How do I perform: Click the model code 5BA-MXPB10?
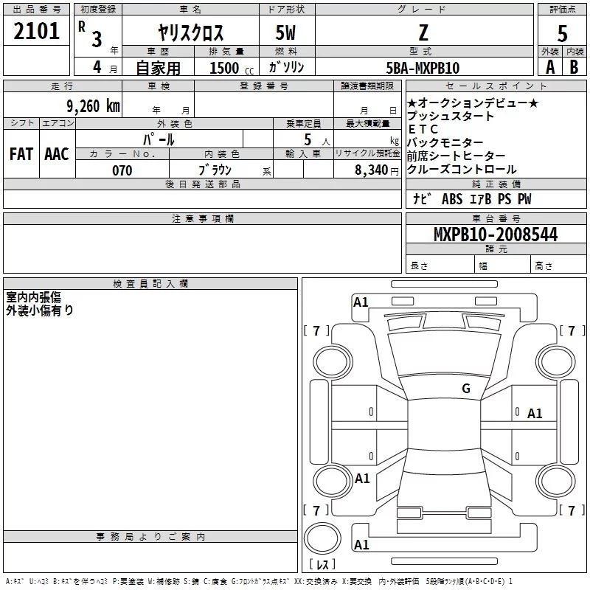pos(423,68)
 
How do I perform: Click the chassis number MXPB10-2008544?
pos(496,235)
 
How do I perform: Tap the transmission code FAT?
pos(21,154)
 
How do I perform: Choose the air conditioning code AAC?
pos(57,154)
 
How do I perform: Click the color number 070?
pos(122,170)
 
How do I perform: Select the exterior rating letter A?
pos(549,67)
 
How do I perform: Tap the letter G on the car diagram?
pos(466,389)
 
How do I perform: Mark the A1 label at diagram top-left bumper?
pos(361,302)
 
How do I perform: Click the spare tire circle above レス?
pos(322,538)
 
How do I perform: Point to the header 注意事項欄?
pos(202,219)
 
